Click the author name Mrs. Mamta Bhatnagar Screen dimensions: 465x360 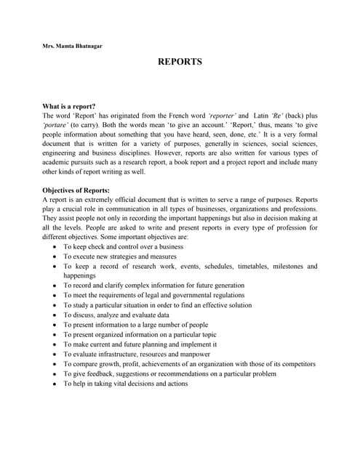tap(72, 46)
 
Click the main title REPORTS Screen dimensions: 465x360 tap(180, 62)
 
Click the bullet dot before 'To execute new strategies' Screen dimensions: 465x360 tap(55, 256)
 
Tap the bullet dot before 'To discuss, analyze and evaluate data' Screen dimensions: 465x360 tap(55, 315)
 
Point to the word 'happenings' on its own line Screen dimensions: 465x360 tap(79, 276)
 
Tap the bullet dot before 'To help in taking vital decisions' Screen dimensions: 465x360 tap(55, 384)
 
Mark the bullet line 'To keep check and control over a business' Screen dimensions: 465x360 tap(123, 247)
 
